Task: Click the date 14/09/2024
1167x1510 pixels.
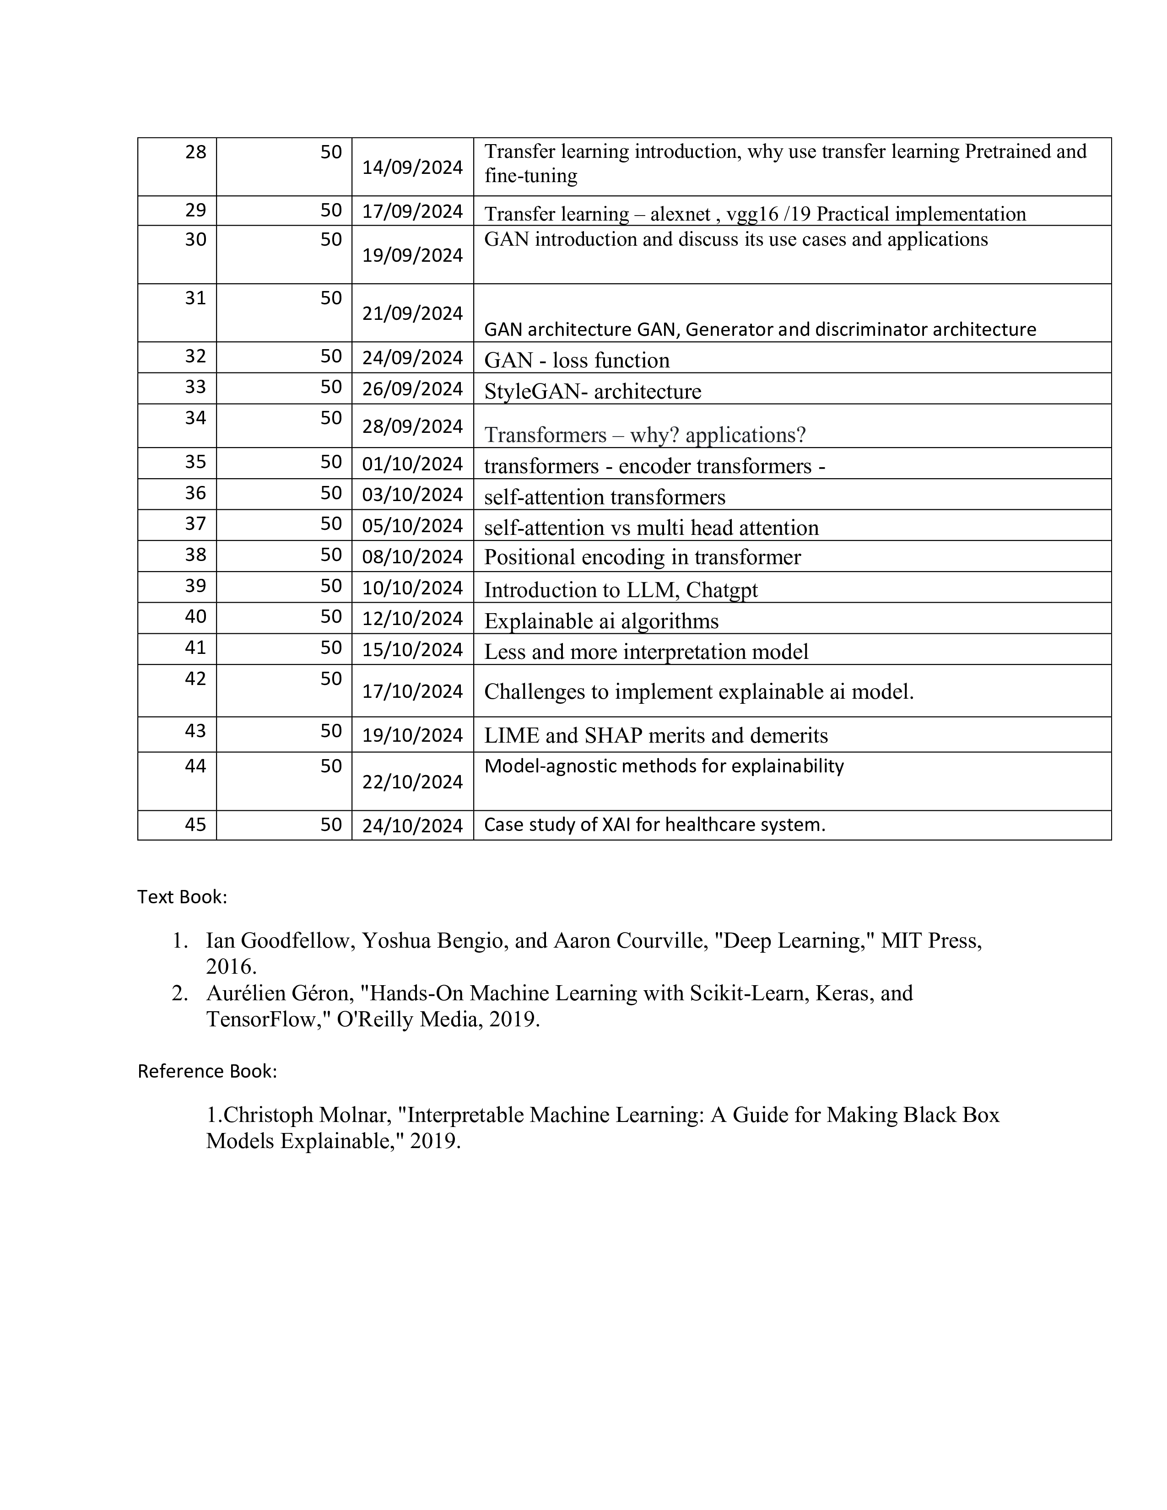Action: tap(412, 168)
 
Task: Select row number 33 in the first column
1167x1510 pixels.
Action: tap(196, 387)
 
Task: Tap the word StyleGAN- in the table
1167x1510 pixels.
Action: tap(536, 392)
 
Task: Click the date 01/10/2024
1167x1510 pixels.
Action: tap(412, 464)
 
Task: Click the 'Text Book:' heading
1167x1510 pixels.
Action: tap(182, 897)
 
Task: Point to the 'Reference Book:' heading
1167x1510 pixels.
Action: tap(207, 1071)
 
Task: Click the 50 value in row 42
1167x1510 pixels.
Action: tap(331, 679)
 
